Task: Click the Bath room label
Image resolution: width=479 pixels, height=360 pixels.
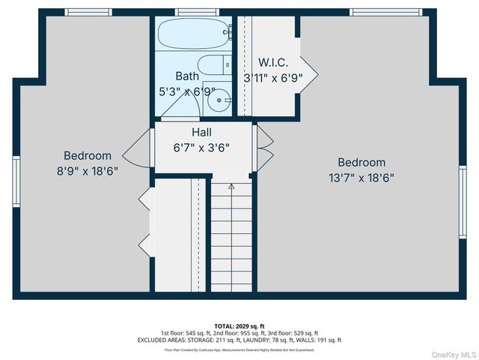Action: point(187,76)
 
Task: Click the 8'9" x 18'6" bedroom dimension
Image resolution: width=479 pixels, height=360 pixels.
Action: point(87,170)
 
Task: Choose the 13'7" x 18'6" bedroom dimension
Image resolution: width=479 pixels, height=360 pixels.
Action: point(361,178)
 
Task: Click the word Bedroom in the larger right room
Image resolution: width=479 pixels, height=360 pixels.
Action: point(361,162)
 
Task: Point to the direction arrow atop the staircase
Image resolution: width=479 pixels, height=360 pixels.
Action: point(231,184)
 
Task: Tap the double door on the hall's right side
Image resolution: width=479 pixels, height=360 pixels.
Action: point(265,147)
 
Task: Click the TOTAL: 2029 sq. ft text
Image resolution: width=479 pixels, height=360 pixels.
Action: point(239,325)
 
